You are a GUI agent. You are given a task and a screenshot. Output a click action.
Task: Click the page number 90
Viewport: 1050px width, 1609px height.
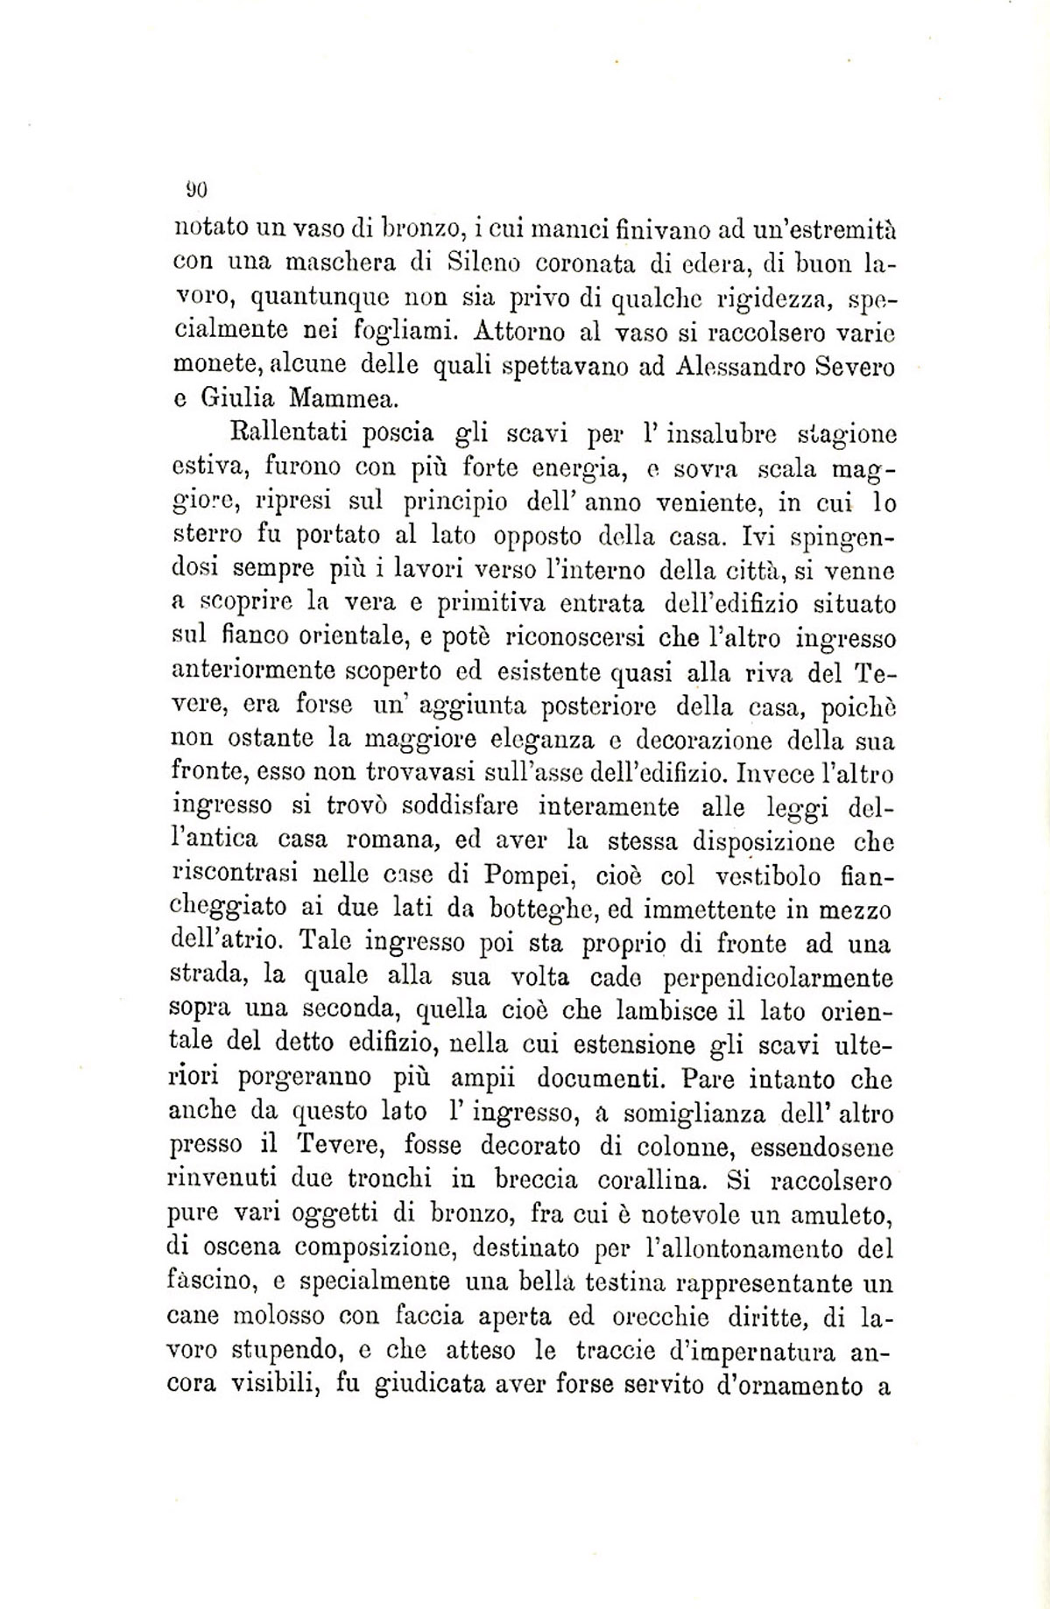coord(194,187)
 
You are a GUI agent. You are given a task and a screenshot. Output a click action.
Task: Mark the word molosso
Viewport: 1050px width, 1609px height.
coord(284,1315)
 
